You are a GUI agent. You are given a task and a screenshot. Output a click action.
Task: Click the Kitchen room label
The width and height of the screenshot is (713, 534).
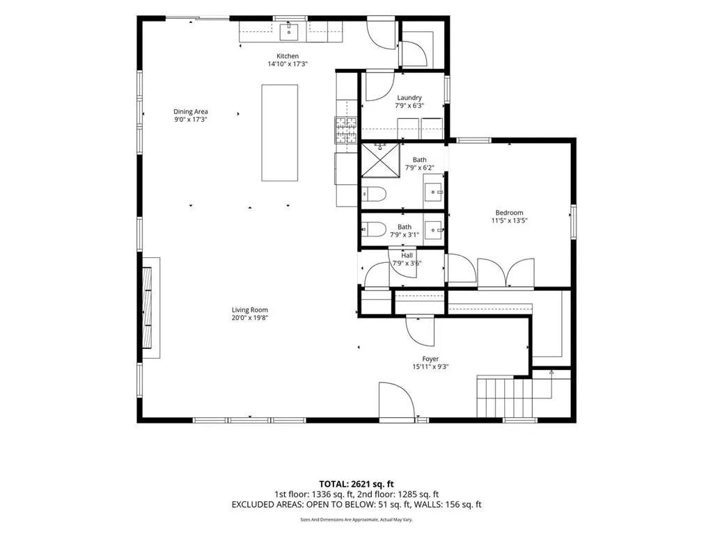[x=288, y=56]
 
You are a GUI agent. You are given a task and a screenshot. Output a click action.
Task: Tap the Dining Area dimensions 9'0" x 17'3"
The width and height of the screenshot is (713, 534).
[x=191, y=120]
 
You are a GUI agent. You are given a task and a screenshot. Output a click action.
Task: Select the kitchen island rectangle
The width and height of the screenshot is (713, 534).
[x=280, y=133]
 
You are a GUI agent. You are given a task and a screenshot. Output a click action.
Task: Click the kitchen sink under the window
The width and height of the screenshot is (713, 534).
[x=289, y=32]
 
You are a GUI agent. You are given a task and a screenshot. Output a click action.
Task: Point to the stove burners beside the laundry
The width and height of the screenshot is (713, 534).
[x=347, y=130]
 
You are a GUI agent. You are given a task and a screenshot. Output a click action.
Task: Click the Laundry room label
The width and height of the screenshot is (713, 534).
[x=409, y=97]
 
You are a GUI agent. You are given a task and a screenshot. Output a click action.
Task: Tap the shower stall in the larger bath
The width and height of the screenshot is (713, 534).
[x=381, y=161]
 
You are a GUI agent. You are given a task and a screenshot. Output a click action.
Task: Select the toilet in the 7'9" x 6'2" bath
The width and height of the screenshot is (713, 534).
[x=374, y=195]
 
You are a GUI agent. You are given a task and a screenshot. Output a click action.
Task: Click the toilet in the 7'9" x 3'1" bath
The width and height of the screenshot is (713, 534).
[x=374, y=229]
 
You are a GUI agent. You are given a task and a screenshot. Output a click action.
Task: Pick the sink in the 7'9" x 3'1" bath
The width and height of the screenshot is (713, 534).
[x=434, y=229]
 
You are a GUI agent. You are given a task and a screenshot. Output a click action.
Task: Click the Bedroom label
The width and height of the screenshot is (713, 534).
[x=509, y=213]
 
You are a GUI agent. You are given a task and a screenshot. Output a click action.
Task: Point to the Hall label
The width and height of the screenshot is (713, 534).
[x=407, y=256]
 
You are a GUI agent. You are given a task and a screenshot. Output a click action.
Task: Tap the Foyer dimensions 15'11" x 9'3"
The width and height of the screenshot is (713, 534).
[x=430, y=367]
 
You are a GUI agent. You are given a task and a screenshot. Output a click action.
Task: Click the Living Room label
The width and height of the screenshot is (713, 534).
[x=250, y=310]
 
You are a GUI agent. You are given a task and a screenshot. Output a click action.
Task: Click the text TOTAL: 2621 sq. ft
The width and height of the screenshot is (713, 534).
[x=356, y=484]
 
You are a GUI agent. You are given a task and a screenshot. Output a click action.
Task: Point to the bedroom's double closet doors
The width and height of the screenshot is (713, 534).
[x=506, y=273]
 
